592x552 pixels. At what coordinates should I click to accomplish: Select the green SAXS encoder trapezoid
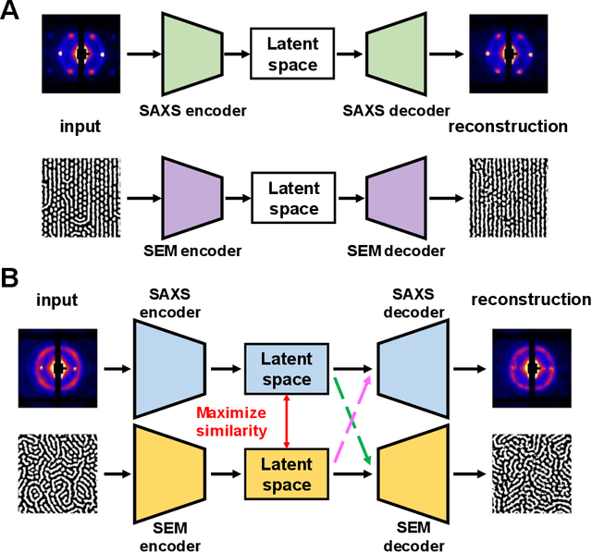coord(193,55)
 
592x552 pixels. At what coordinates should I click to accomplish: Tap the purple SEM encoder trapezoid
coord(193,198)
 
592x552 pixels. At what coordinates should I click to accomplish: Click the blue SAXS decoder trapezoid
coord(414,368)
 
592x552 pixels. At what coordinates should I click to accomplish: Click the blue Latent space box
coord(288,368)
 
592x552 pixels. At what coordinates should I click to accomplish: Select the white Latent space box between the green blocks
coord(290,55)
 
